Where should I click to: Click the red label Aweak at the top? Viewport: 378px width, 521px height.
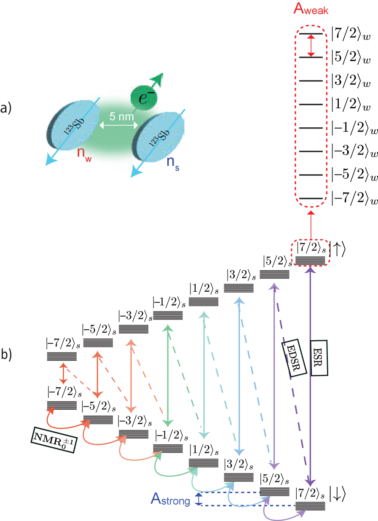coord(311,9)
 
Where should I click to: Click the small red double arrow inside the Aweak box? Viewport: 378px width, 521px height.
coord(311,46)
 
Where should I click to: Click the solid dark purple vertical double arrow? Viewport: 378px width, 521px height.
coord(311,375)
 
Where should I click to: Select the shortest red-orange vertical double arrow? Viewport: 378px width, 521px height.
coord(63,373)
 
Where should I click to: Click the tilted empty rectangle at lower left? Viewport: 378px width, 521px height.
coord(54,440)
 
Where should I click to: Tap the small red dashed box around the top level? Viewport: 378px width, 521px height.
coord(311,252)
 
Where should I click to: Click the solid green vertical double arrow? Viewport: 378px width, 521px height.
coord(168,375)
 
